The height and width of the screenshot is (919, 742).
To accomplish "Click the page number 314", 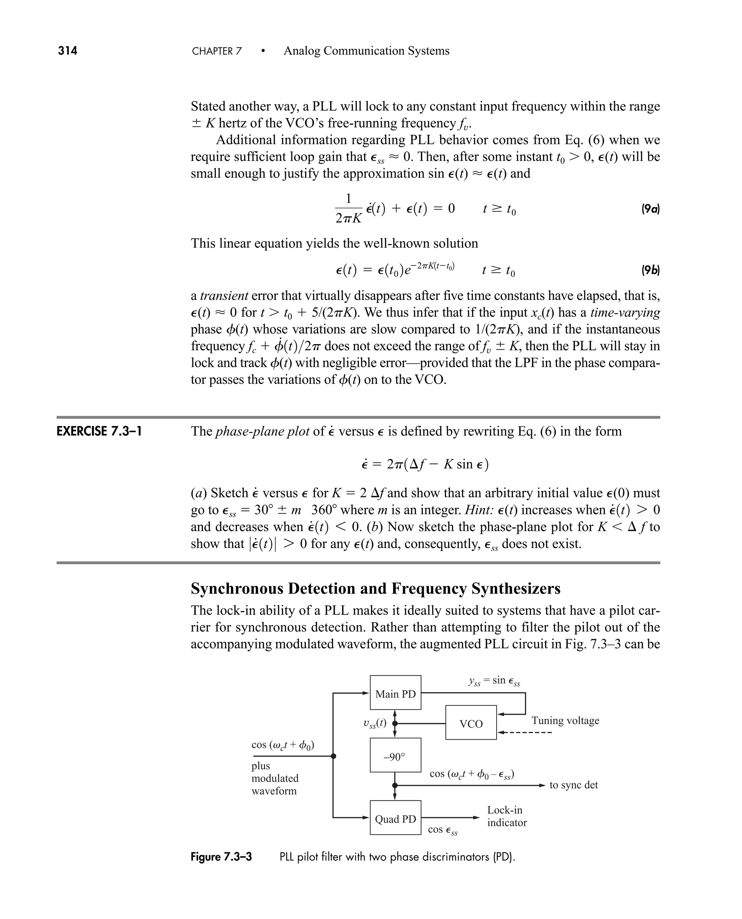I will click(67, 51).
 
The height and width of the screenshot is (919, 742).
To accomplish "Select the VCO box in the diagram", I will click(471, 724).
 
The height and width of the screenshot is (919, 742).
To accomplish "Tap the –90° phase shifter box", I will click(395, 757).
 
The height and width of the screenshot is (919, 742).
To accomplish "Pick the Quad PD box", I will click(395, 819).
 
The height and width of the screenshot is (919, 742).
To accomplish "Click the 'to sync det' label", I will click(573, 785).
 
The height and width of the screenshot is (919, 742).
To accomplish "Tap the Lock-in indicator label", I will click(507, 816).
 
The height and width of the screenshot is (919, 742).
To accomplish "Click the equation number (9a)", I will click(650, 209).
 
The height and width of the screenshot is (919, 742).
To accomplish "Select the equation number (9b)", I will click(650, 270).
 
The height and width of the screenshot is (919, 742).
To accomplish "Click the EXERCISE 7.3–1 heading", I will click(99, 431).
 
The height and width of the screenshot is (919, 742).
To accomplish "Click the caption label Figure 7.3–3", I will click(221, 857).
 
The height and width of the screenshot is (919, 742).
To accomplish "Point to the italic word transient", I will click(224, 295).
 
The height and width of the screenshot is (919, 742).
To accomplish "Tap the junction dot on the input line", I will click(333, 756).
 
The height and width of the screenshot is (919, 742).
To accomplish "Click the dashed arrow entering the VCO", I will click(526, 733).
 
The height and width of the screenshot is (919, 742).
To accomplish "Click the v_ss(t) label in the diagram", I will click(374, 723).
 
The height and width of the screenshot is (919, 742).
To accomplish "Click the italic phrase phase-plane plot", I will click(262, 431).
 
